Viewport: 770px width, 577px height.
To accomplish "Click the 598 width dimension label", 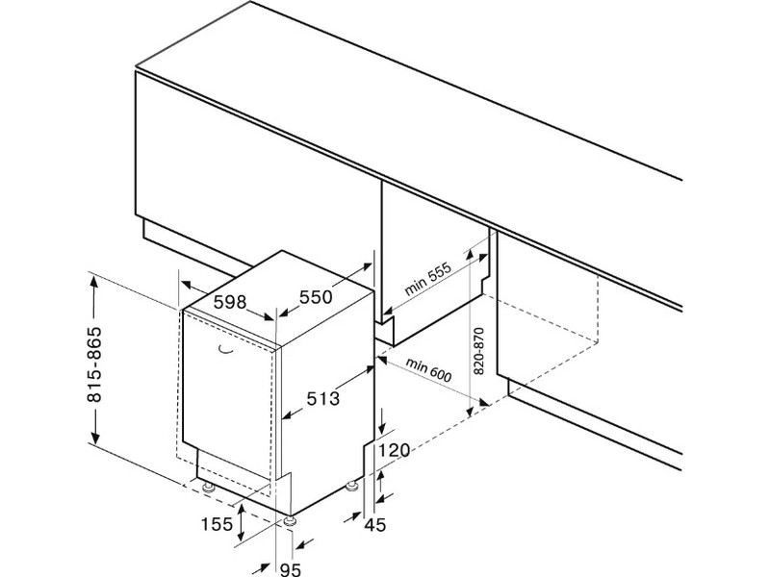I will pyautogui.click(x=229, y=302).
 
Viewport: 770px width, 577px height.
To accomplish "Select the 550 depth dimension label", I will pyautogui.click(x=315, y=297).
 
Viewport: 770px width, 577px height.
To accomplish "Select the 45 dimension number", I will pyautogui.click(x=374, y=523).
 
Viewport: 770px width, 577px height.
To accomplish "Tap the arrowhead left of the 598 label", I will pyautogui.click(x=186, y=286).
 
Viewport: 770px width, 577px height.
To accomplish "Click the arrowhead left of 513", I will pyautogui.click(x=287, y=416).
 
